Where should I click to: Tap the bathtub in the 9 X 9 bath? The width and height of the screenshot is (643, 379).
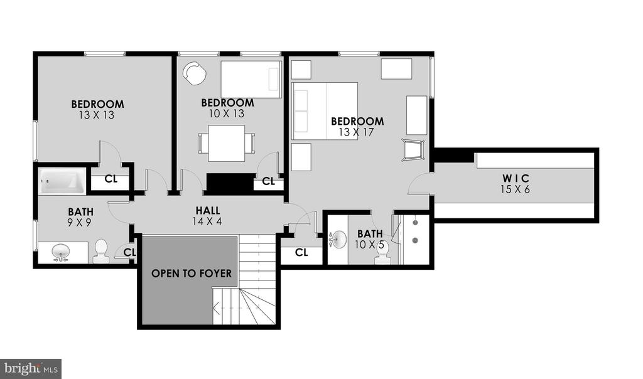62,181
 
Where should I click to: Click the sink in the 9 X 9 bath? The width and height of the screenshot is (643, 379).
62,253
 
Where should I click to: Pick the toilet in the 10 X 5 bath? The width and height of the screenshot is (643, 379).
382,254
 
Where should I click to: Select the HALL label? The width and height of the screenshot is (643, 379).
207,210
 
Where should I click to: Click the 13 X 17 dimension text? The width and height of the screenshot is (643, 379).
357,132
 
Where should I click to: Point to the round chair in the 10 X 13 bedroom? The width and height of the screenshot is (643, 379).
194,73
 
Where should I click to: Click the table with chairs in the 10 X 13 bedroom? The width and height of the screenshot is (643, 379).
227,144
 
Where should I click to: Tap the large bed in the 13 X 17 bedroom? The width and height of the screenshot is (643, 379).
325,111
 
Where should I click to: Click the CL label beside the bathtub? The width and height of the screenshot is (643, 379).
111,179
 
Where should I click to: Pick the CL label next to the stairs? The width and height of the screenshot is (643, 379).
301,252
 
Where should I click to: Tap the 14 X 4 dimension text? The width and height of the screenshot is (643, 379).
207,221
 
